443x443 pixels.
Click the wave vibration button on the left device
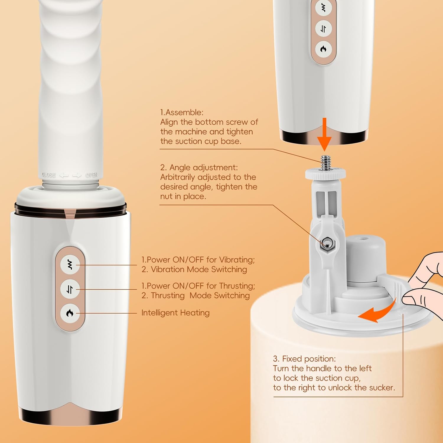pyautogui.click(x=70, y=264)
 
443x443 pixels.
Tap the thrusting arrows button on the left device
pyautogui.click(x=70, y=289)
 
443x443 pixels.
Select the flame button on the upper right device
pyautogui.click(x=323, y=49)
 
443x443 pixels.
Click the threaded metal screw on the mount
pyautogui.click(x=325, y=162)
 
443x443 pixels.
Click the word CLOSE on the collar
pyautogui.click(x=49, y=175)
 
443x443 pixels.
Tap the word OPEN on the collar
pyautogui.click(x=91, y=175)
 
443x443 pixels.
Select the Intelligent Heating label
pyautogui.click(x=175, y=313)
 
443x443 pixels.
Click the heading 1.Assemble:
pyautogui.click(x=182, y=112)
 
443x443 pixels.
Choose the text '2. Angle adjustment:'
pyautogui.click(x=199, y=167)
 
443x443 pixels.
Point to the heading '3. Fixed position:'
pyautogui.click(x=304, y=359)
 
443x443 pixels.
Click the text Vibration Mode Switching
pyautogui.click(x=198, y=269)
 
